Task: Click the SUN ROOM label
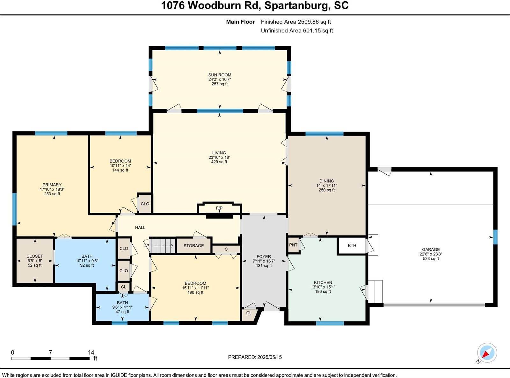point(220,75)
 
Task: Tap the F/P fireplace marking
point(219,208)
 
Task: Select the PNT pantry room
point(293,245)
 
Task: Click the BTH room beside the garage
point(352,246)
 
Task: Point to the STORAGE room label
point(193,246)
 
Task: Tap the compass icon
point(487,353)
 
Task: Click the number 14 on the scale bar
point(91,352)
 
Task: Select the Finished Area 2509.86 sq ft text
point(296,22)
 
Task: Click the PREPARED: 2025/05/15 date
point(255,357)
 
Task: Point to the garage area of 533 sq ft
point(431,259)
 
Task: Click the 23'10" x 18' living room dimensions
point(219,157)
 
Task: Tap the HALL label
point(140,227)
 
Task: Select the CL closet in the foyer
point(249,313)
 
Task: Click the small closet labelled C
point(226,249)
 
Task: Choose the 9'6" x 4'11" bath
point(122,307)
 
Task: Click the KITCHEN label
point(323,282)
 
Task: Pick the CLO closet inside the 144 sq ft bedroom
point(145,204)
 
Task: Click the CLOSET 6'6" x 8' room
point(35,261)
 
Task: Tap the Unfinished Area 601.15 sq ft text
point(297,31)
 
